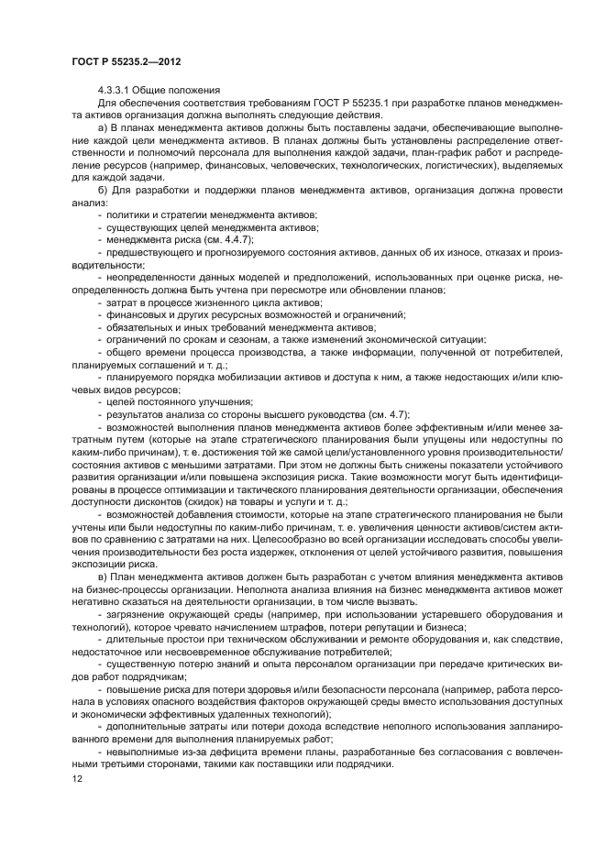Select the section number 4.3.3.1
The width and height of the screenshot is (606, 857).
(x=116, y=90)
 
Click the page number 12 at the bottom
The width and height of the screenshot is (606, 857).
(x=77, y=778)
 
